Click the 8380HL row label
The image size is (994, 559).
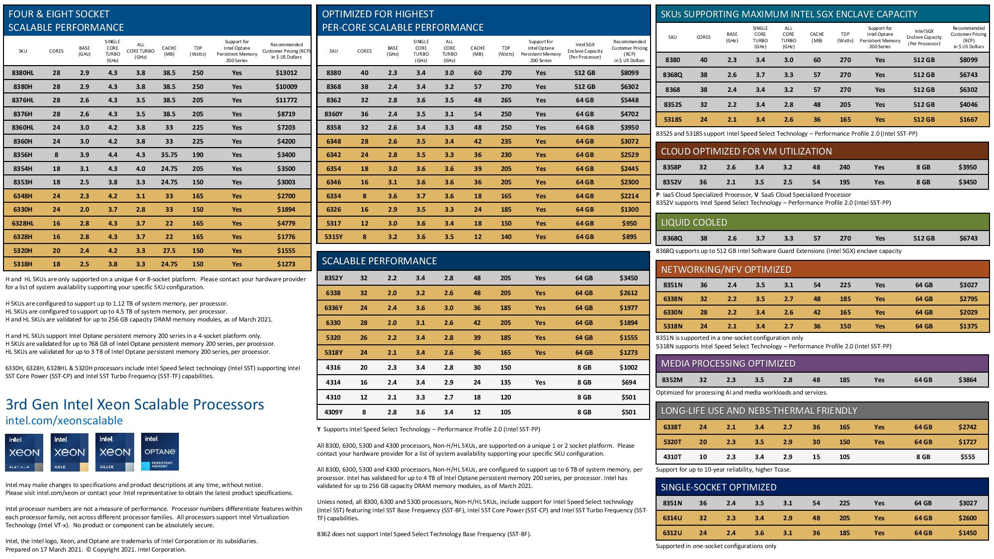(x=23, y=73)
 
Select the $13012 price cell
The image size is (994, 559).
(x=286, y=73)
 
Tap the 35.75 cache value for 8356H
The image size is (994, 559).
(x=169, y=155)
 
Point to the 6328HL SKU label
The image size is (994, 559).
(x=23, y=223)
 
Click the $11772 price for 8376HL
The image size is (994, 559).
(x=286, y=100)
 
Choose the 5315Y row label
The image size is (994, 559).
(x=333, y=237)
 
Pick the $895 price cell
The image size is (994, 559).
(x=629, y=237)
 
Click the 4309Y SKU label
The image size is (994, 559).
(x=333, y=412)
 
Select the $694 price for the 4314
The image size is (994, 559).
(x=629, y=382)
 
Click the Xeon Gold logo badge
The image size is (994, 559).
(x=70, y=452)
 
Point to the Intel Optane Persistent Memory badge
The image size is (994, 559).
(x=160, y=452)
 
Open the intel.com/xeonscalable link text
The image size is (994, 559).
(x=64, y=420)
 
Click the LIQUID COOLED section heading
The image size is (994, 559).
(x=694, y=222)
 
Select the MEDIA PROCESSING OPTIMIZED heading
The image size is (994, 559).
(x=728, y=363)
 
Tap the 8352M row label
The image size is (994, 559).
(x=672, y=380)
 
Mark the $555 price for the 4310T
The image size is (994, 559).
(x=968, y=457)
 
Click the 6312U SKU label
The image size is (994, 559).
(x=672, y=533)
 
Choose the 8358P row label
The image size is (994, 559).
(x=672, y=167)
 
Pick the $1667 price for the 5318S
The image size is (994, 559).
(x=968, y=119)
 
